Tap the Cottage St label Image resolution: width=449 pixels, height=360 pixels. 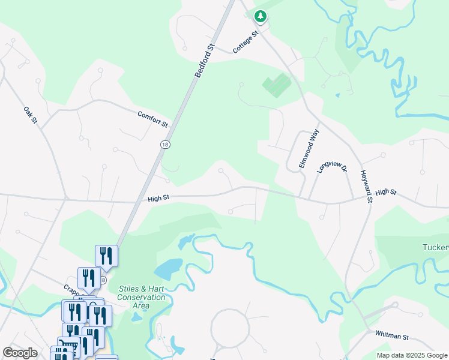pyautogui.click(x=245, y=43)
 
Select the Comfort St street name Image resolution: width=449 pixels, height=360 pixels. pyautogui.click(x=152, y=118)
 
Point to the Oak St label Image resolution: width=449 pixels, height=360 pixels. pyautogui.click(x=30, y=115)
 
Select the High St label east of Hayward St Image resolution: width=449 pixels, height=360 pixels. pyautogui.click(x=386, y=193)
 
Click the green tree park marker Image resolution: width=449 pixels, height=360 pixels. pyautogui.click(x=260, y=17)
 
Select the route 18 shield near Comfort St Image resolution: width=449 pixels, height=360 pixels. pyautogui.click(x=164, y=144)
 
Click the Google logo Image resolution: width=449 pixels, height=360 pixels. pyautogui.click(x=20, y=353)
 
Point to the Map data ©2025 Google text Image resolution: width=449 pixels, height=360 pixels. pyautogui.click(x=411, y=355)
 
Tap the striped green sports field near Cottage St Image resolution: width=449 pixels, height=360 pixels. pyautogui.click(x=277, y=86)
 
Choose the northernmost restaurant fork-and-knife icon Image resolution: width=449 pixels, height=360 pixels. pyautogui.click(x=106, y=256)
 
